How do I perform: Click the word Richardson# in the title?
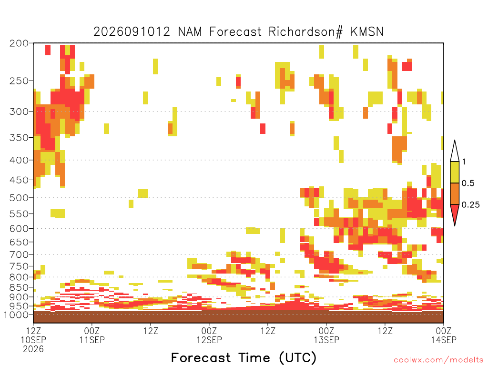(x=305, y=32)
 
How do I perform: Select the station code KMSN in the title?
(x=367, y=32)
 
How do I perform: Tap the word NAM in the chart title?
(x=190, y=32)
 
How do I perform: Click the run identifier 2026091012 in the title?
(x=132, y=32)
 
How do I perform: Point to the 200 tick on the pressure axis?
(x=19, y=43)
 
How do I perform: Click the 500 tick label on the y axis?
(x=19, y=198)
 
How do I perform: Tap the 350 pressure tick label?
(x=19, y=138)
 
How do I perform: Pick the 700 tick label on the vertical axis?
(x=19, y=254)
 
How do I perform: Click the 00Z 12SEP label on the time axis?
(x=209, y=335)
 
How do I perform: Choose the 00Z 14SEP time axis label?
(x=444, y=335)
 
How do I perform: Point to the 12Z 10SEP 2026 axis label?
(x=33, y=339)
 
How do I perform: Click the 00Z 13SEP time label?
(x=326, y=335)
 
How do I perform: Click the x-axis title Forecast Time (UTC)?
(x=244, y=358)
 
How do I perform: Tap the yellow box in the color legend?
(x=455, y=172)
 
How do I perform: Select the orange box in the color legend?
(x=455, y=193)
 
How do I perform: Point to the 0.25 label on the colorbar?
(x=470, y=204)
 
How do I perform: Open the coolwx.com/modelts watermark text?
(x=438, y=360)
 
